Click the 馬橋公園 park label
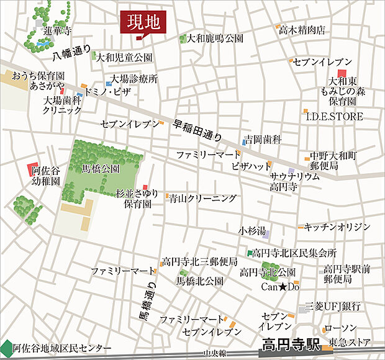pyautogui.click(x=101, y=168)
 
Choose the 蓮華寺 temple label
pyautogui.click(x=58, y=30)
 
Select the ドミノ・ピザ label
pyautogui.click(x=107, y=92)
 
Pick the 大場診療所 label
pyautogui.click(x=134, y=79)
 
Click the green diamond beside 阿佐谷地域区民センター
pyautogui.click(x=6, y=348)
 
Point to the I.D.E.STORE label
pyautogui.click(x=335, y=116)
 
